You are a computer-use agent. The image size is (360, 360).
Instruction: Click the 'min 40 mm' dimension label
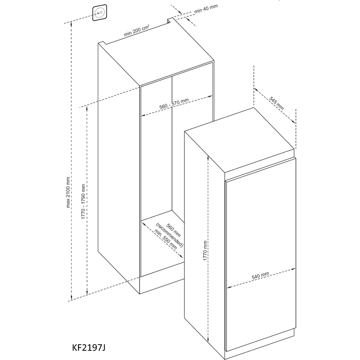(206, 11)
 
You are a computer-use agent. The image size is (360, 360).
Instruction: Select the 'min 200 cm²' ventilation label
(137, 31)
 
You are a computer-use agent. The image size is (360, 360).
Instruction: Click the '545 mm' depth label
(277, 103)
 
